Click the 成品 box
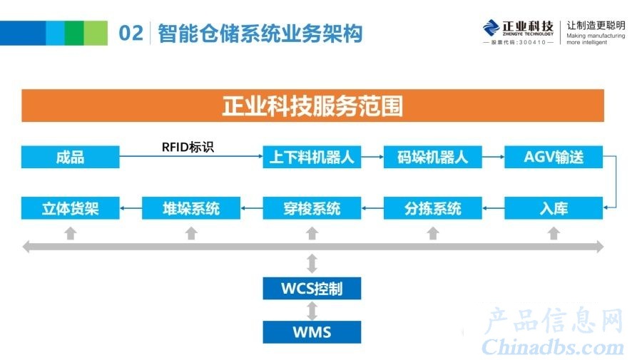tap(71, 157)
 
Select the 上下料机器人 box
tap(312, 157)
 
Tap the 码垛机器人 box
tap(433, 157)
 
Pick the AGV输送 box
tap(554, 157)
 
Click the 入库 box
tap(554, 208)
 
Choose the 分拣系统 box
tap(433, 208)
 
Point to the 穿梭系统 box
tap(312, 208)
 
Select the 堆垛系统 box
tap(191, 208)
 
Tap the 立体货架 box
tap(71, 208)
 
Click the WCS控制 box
tap(312, 289)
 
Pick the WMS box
tap(312, 331)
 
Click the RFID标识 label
tap(188, 147)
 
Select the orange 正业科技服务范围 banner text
tap(312, 106)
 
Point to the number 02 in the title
tap(131, 33)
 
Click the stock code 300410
tap(532, 43)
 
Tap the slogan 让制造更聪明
tap(596, 26)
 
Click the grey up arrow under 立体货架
tap(71, 233)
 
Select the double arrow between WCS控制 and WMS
tap(312, 311)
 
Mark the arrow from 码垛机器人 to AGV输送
tap(493, 157)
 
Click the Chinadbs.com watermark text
tap(553, 347)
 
